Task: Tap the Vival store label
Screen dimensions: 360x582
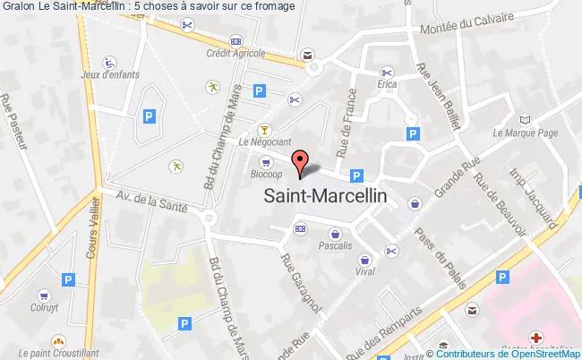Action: click(x=364, y=270)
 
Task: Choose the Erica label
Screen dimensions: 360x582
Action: click(x=387, y=86)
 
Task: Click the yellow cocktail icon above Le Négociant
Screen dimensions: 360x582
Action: click(x=263, y=128)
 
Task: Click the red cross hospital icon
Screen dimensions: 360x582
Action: click(x=535, y=339)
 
